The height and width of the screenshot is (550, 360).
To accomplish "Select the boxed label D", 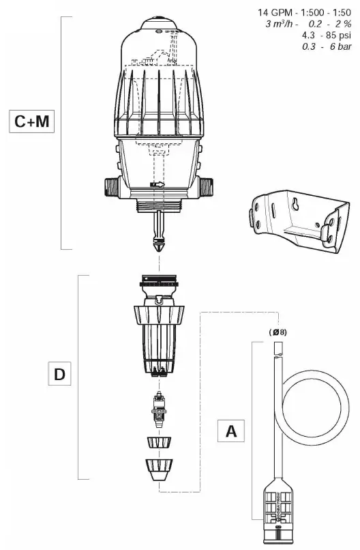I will point(59,375).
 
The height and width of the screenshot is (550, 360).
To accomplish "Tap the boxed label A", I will point(231,431).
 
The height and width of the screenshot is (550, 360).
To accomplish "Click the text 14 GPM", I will point(273,13).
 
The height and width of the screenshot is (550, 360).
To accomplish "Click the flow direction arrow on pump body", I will point(157,184).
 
